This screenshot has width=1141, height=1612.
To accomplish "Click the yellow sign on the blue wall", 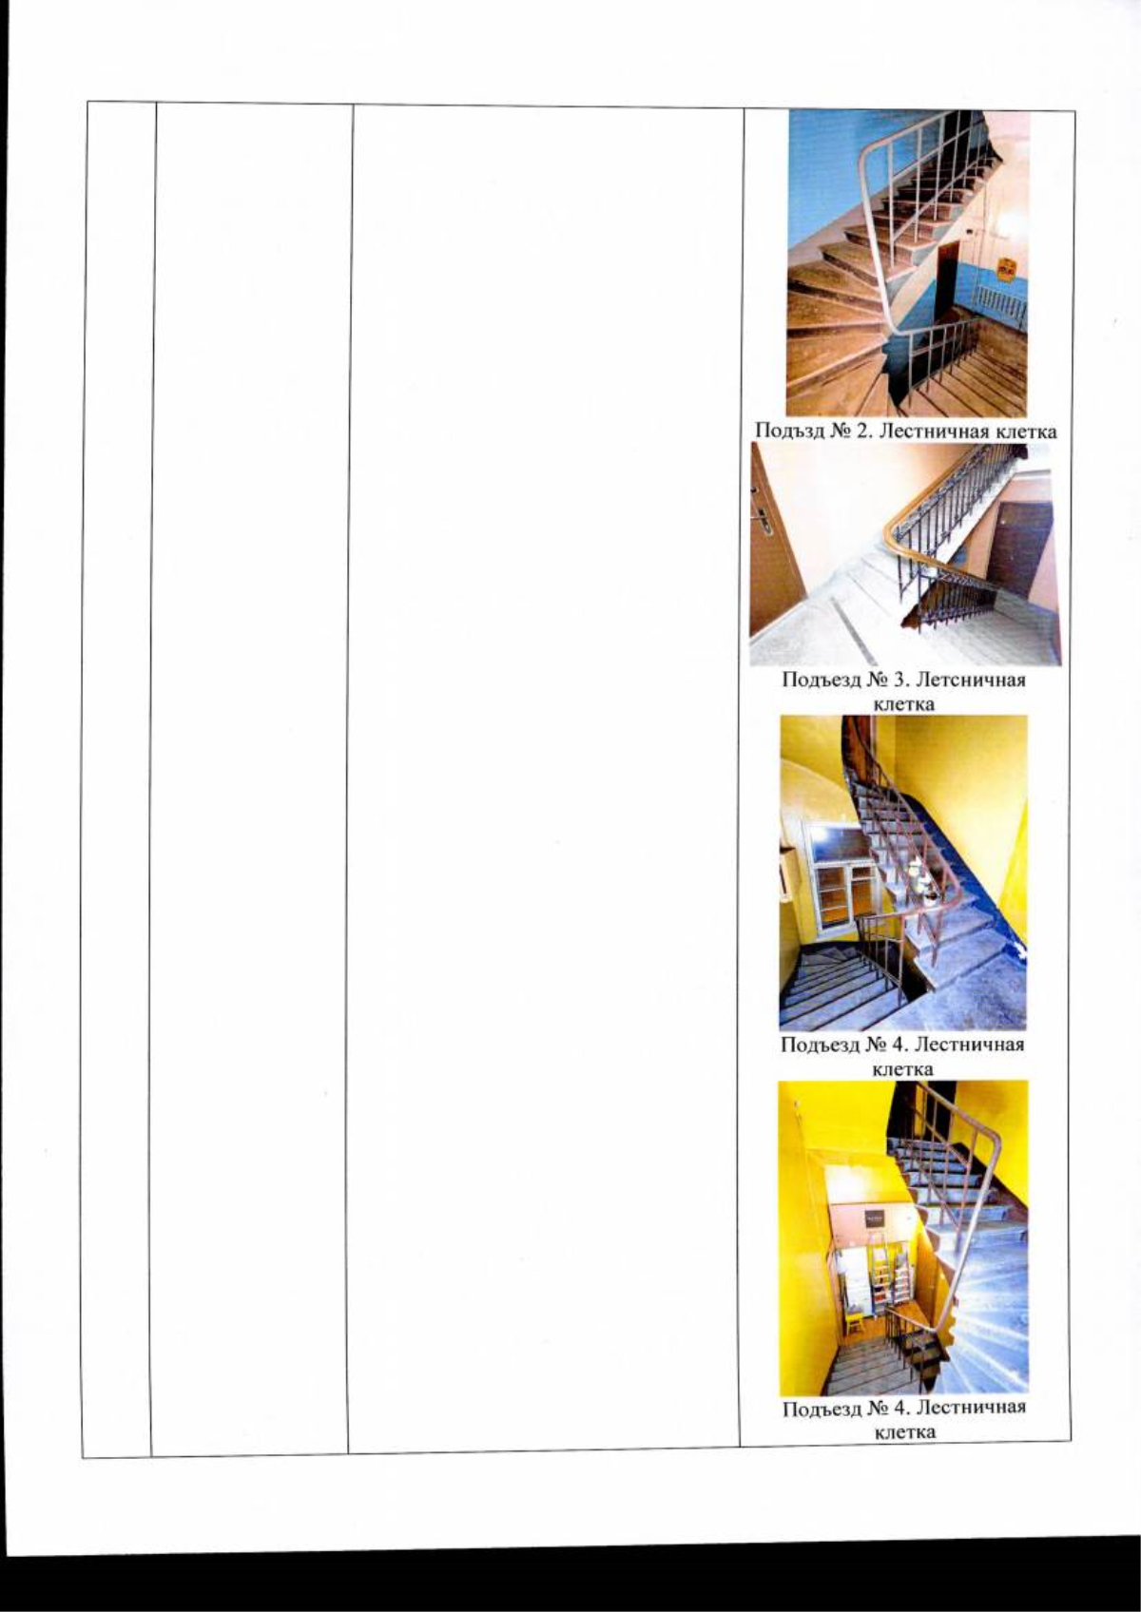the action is click(x=1005, y=273).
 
